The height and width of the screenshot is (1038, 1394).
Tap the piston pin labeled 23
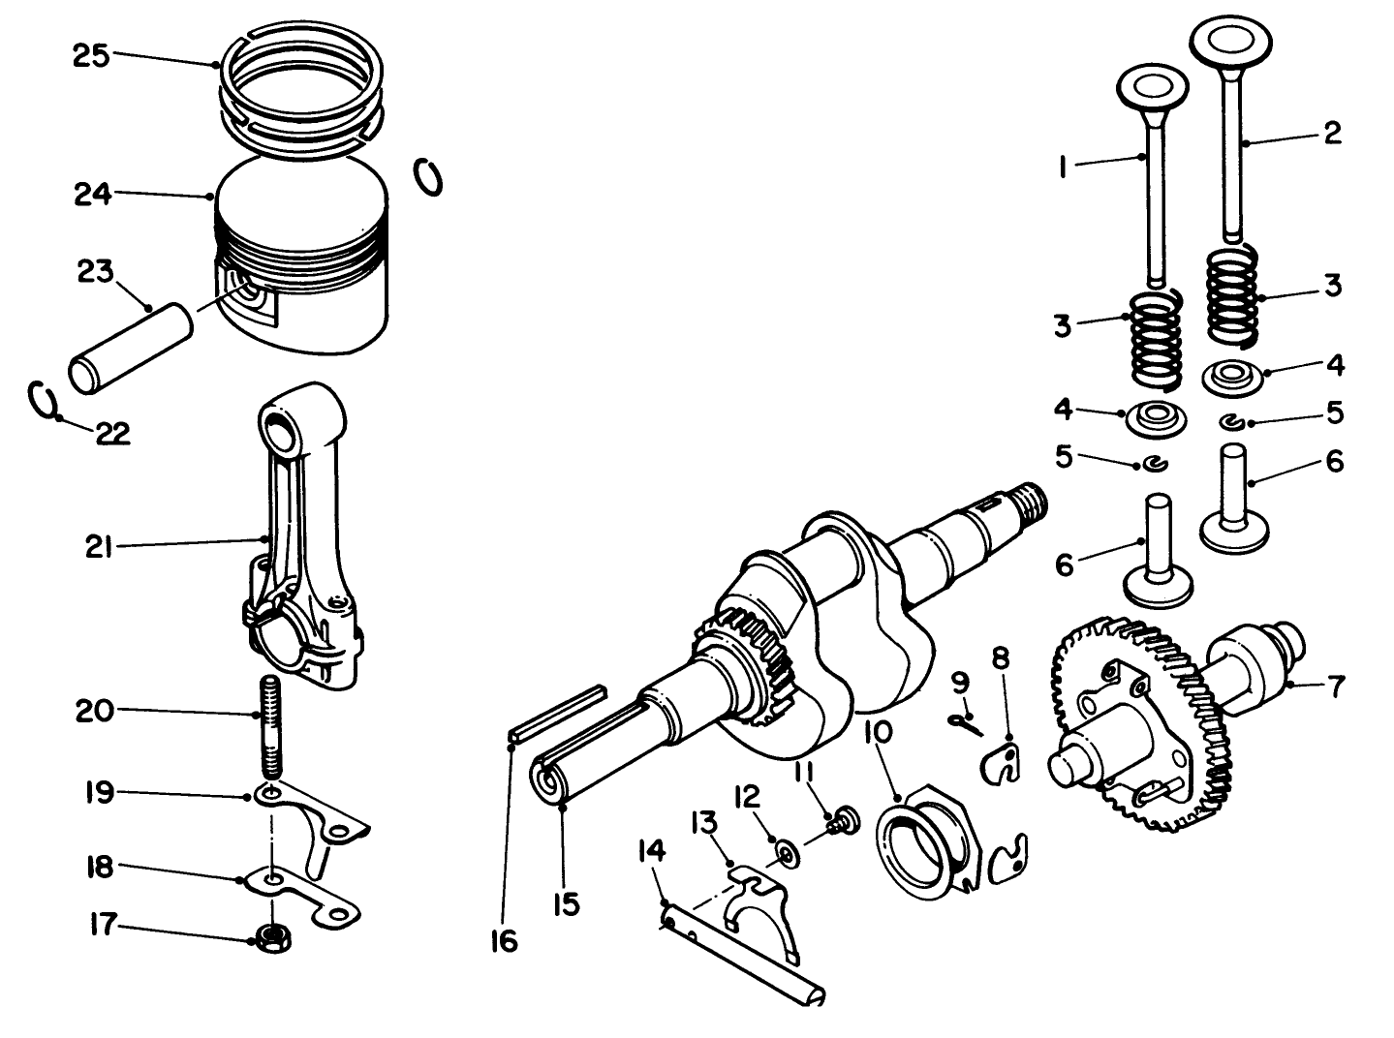(131, 347)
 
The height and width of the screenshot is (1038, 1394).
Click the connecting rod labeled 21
(302, 542)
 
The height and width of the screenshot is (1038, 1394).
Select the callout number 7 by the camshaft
(1336, 687)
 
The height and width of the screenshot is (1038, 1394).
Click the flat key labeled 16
(557, 713)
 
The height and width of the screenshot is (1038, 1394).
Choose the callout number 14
(652, 851)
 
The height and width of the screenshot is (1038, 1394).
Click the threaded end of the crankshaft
(1033, 500)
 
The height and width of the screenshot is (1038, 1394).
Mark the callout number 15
(566, 904)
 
